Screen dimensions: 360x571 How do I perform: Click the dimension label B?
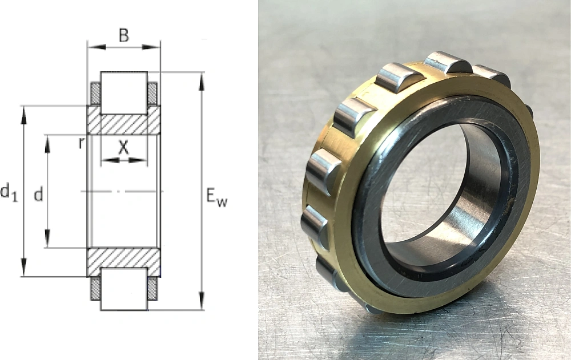click(x=123, y=35)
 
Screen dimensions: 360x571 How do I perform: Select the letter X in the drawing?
click(x=123, y=147)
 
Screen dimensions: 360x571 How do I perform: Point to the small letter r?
click(x=82, y=143)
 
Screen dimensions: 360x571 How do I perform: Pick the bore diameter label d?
click(x=38, y=195)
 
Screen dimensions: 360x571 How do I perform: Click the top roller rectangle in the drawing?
click(x=124, y=92)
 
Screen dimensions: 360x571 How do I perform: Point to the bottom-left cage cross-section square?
click(x=95, y=288)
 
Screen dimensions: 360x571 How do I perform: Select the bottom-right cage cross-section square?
click(x=152, y=288)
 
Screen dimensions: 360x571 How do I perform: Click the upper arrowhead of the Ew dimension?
click(x=201, y=80)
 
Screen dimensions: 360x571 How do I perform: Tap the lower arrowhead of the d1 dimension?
click(x=24, y=268)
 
